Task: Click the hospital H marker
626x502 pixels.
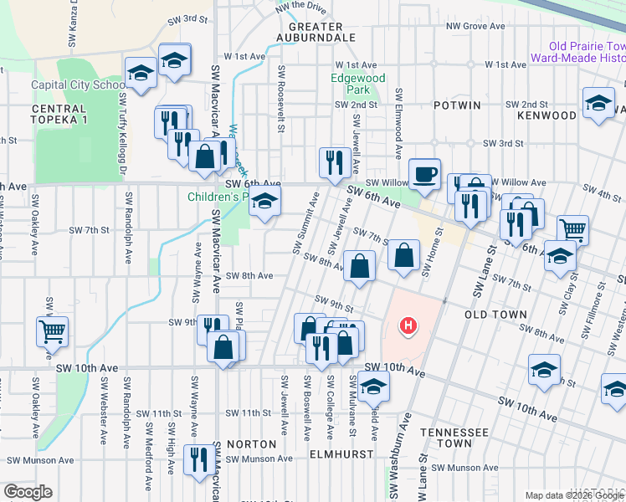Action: (x=408, y=325)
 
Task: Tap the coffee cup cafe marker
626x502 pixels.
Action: (x=425, y=173)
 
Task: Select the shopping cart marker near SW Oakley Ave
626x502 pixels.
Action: (x=52, y=330)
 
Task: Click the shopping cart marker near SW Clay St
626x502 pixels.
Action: (x=572, y=229)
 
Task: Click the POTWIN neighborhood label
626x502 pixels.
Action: (x=458, y=105)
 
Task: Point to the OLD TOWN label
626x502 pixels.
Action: (x=495, y=315)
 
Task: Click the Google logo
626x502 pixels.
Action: (x=28, y=492)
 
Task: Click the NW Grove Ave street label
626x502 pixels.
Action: (x=475, y=26)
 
